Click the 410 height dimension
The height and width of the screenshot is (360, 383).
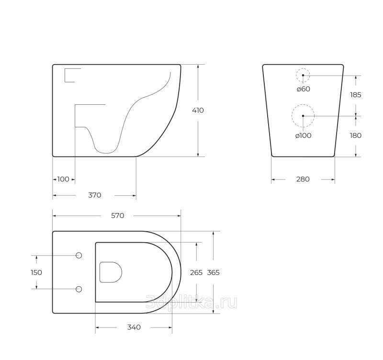point(198,111)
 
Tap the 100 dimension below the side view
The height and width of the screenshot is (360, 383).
point(63,179)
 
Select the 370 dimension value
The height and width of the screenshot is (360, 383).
point(95,195)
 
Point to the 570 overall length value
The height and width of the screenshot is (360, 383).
point(118,215)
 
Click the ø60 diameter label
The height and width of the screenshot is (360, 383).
point(304,89)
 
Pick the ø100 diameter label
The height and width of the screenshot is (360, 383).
point(304,135)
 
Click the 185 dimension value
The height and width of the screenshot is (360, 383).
point(356,95)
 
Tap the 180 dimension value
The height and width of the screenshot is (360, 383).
point(356,135)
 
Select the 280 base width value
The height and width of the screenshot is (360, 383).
point(303,179)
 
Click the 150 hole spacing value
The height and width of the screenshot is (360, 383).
point(36,272)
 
